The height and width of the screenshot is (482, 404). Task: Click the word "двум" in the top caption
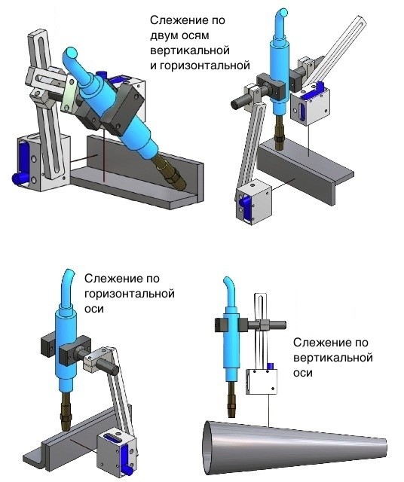[x=164, y=35]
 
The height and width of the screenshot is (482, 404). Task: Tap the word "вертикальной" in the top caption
[x=190, y=50]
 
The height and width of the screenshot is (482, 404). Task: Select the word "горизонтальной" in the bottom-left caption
[x=130, y=294]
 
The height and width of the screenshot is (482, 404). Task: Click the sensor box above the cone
[x=262, y=382]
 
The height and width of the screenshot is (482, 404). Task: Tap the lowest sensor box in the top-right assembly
[x=253, y=203]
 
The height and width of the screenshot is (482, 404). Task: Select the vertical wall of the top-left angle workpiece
[x=145, y=166]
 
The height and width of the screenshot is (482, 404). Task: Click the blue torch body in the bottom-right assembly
[x=231, y=347]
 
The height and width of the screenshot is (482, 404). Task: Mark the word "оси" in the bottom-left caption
[x=94, y=309]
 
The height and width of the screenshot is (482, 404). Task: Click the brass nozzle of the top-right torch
[x=280, y=133]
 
